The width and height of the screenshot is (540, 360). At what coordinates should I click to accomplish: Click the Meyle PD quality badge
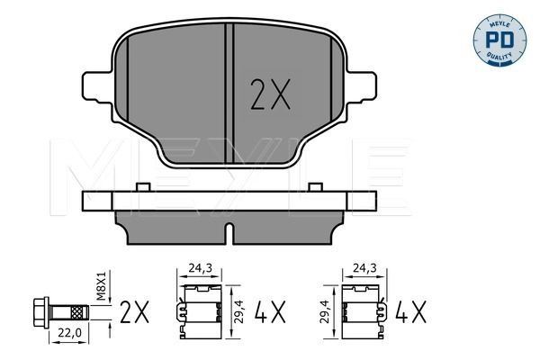503,39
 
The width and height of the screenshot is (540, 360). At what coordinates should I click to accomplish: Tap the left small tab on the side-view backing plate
141,186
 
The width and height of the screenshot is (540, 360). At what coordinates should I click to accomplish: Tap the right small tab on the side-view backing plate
315,186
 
